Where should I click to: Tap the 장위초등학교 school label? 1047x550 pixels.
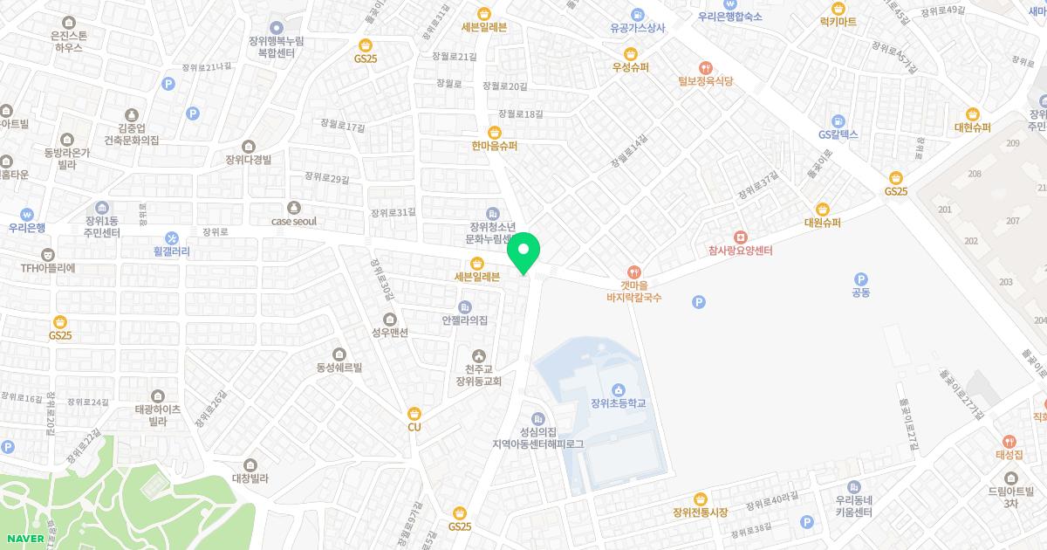click(x=618, y=402)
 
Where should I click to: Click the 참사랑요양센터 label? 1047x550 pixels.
click(x=740, y=251)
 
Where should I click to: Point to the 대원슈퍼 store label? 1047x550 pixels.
click(x=822, y=222)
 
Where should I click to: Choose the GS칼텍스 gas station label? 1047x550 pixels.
click(x=838, y=134)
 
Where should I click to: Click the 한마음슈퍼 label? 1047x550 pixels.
click(x=494, y=146)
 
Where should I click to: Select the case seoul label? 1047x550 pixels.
click(x=293, y=221)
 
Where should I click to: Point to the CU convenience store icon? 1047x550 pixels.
click(x=414, y=413)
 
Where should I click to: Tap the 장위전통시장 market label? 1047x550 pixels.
click(x=700, y=512)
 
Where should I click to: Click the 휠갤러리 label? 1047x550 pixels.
click(x=171, y=251)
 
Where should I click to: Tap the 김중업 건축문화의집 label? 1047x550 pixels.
click(x=132, y=134)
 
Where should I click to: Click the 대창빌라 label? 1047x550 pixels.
click(x=250, y=478)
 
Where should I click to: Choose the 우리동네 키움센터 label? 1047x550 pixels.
click(x=853, y=505)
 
